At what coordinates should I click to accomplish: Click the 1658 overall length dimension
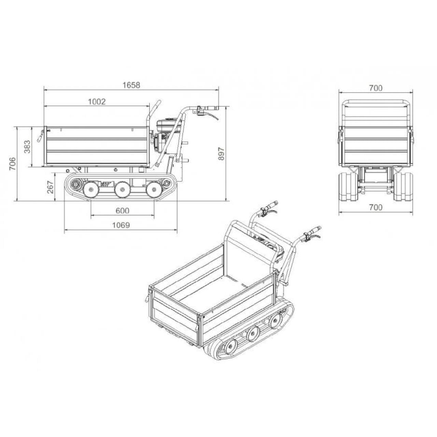131,85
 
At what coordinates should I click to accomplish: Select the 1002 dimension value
97,101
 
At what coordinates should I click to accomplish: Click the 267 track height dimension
50,187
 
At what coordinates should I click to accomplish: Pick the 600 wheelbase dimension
122,211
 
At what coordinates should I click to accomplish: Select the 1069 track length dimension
121,225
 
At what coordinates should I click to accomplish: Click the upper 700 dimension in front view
376,88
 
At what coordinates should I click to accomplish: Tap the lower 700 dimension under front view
376,207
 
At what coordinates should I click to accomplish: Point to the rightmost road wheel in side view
154,190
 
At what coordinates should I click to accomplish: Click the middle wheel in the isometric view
252,333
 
